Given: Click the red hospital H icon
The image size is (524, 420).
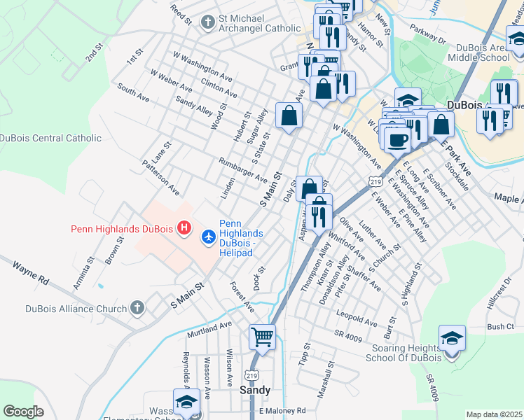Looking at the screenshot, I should [184, 228].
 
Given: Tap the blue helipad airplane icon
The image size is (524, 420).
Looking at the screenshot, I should [208, 238].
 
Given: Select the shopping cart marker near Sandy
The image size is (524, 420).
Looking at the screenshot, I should [262, 338].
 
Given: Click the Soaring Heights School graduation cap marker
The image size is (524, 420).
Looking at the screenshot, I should [452, 339].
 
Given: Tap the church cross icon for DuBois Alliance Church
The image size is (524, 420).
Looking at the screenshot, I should [137, 308].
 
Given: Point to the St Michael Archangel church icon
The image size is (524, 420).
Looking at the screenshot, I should [207, 22].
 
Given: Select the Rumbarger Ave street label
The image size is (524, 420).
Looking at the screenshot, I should [243, 169].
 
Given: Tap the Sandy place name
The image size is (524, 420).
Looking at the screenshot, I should [255, 389].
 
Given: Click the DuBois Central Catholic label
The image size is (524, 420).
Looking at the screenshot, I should [50, 139].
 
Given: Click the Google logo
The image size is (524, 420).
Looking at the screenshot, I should [23, 411].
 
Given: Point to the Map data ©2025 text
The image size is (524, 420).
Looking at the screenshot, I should [494, 414].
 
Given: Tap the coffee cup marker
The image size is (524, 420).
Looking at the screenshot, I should [398, 139].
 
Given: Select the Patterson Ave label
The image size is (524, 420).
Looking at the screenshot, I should [160, 180].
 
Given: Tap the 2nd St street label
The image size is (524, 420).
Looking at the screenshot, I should [95, 53].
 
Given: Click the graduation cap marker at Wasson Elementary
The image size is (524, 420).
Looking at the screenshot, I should [187, 403].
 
